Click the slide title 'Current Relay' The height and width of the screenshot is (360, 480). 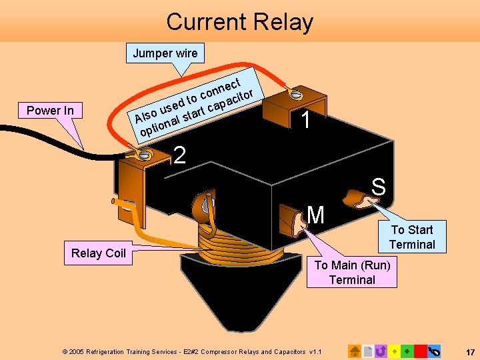tap(239, 22)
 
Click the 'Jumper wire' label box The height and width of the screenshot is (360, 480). tap(165, 53)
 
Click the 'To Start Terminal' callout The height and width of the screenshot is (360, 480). tap(411, 237)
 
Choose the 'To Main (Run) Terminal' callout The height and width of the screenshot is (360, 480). tap(351, 272)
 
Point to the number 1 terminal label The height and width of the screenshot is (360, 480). tap(305, 121)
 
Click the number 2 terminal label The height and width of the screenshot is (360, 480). tap(179, 155)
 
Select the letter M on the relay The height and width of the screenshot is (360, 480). tap(316, 215)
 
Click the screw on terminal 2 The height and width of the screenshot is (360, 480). tap(143, 155)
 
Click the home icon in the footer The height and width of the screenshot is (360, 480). tap(355, 351)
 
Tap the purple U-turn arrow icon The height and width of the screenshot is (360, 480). tap(381, 351)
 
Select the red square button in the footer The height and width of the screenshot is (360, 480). tap(420, 351)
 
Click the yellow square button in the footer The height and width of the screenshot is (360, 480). tap(395, 351)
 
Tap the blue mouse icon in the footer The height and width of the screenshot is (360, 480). tap(434, 351)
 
